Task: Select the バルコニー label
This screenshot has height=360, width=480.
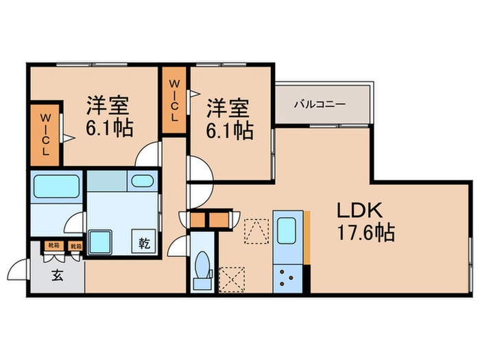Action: (x=320, y=105)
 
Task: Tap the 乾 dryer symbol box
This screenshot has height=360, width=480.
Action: (x=145, y=241)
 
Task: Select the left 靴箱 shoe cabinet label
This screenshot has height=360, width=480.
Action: (x=52, y=245)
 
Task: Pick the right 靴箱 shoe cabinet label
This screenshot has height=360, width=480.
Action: (x=75, y=245)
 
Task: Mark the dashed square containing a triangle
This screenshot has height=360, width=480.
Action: (x=256, y=232)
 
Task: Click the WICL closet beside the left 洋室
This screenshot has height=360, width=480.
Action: (x=45, y=134)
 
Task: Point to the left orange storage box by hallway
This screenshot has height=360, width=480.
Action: (x=198, y=220)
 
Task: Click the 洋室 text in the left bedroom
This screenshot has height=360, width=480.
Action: (x=108, y=107)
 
